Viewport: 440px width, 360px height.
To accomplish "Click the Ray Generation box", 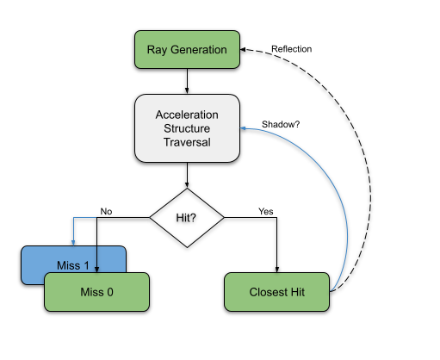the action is point(187,50).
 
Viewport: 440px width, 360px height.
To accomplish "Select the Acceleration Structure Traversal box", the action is point(187,128).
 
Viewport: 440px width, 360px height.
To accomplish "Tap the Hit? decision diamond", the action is point(187,218).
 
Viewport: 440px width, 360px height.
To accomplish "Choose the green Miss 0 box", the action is point(96,292).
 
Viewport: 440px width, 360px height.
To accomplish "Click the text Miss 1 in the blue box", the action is point(73,265).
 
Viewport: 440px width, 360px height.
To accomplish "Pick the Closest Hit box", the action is point(276,292).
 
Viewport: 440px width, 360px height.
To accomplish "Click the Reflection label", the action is point(292,49).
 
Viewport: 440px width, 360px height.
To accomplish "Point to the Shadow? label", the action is point(281,124).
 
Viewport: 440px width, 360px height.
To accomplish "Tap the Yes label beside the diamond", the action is point(266,212).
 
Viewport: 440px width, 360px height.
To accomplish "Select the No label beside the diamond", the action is point(106,212).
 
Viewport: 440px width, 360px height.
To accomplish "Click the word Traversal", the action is point(187,142).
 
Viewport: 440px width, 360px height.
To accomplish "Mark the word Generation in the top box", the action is point(199,50).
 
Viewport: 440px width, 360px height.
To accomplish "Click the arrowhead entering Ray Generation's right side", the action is point(243,50).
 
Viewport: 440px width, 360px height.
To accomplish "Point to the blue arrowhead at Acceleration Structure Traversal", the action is point(243,128).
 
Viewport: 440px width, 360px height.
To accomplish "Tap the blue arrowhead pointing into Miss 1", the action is point(73,243).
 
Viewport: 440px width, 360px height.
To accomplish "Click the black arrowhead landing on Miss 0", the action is point(96,270).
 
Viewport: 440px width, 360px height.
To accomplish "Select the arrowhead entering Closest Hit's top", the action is point(277,270).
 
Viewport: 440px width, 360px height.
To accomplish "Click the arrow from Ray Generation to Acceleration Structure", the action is point(187,82).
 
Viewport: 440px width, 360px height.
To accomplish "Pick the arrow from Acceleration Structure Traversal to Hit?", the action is point(187,176).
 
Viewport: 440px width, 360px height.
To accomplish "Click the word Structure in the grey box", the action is point(187,128).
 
